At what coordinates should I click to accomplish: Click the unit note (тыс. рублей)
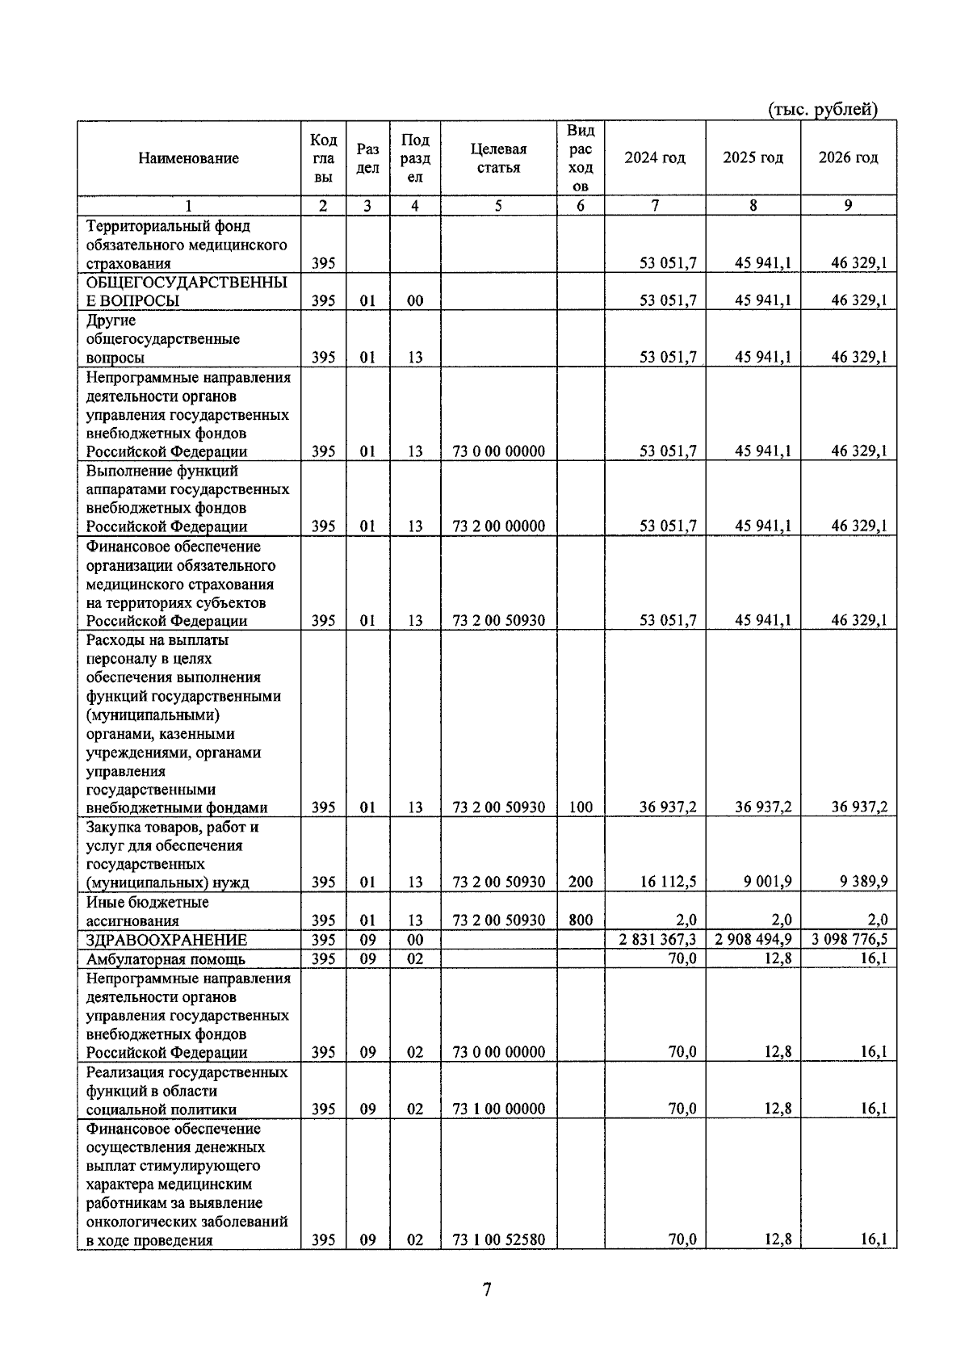click(x=822, y=110)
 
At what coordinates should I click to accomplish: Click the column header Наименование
click(x=188, y=158)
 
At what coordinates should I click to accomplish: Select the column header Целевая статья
click(x=498, y=158)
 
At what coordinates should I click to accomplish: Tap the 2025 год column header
click(x=753, y=157)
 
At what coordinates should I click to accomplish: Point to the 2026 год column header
click(x=848, y=157)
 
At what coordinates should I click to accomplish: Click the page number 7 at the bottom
click(x=487, y=1289)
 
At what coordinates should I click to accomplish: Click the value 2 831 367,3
click(x=656, y=940)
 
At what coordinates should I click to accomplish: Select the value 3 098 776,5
click(x=848, y=940)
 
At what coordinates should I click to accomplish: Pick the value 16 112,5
click(x=668, y=882)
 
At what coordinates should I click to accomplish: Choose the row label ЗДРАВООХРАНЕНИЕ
click(x=166, y=940)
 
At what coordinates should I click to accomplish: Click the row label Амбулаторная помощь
click(x=166, y=959)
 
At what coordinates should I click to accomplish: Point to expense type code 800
click(x=580, y=920)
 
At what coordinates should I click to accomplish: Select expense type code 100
click(x=580, y=807)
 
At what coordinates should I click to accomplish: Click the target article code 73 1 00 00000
click(x=498, y=1109)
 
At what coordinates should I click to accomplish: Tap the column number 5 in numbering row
click(x=498, y=206)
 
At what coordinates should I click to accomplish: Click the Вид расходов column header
click(x=580, y=158)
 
